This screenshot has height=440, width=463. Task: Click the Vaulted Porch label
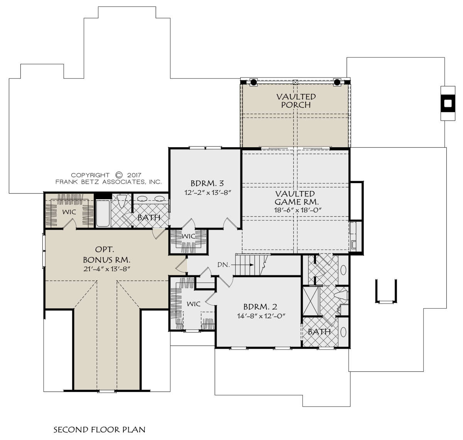(x=296, y=101)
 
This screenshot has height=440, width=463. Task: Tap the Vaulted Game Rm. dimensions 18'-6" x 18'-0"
(x=298, y=210)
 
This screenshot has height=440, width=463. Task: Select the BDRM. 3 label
(x=207, y=183)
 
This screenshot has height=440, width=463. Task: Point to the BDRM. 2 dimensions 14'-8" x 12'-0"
(x=261, y=316)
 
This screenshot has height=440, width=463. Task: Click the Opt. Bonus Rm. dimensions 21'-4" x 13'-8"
(x=107, y=269)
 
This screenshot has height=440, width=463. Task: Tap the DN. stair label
(x=223, y=265)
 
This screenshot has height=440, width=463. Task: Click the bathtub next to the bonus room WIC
(x=103, y=213)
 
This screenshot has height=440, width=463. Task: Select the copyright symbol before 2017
(x=119, y=175)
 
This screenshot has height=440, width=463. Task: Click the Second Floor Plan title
(x=100, y=430)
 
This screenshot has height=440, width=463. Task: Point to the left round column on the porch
(x=253, y=82)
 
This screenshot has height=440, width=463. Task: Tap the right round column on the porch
(x=337, y=82)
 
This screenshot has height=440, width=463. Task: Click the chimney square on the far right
(x=448, y=103)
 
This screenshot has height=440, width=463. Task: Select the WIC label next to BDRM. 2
(x=193, y=304)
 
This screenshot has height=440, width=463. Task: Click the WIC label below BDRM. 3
(x=188, y=236)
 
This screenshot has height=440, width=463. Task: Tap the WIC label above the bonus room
(x=69, y=212)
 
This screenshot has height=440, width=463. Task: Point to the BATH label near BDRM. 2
(x=319, y=332)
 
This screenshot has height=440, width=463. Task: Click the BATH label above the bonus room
(x=149, y=218)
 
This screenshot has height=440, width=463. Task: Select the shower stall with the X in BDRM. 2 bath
(x=311, y=301)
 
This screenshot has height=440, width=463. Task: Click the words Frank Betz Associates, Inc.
(x=108, y=181)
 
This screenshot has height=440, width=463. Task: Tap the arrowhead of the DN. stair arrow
(x=252, y=265)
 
